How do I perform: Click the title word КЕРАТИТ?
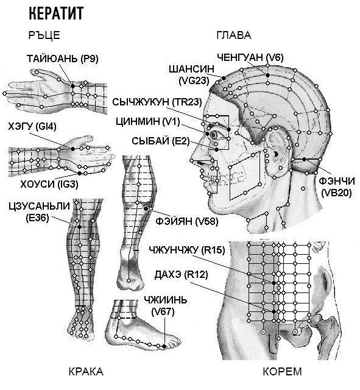coord(56,13)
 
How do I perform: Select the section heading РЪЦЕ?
coord(44,35)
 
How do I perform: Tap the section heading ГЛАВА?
coord(234,35)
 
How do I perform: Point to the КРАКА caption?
coord(86,372)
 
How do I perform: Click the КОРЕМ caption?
coord(282,372)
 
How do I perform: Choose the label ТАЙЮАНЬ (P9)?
coord(63,58)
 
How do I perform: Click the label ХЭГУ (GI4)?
coord(32,127)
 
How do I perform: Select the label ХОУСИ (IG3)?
coord(49,184)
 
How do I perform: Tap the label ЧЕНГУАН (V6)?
coord(250,57)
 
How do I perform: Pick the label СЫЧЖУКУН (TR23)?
coord(157,102)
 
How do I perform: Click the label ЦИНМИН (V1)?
coord(147,122)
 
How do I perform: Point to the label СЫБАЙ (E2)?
coord(161,141)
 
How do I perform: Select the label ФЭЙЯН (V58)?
coord(187,221)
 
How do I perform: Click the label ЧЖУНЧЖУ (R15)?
coord(187,250)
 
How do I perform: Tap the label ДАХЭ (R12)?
coord(181,275)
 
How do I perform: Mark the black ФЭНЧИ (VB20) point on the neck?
coord(304,159)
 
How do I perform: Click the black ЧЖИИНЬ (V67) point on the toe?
coord(164,346)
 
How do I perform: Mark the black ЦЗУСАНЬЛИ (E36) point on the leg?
coord(79,227)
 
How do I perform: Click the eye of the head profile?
coord(214,135)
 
